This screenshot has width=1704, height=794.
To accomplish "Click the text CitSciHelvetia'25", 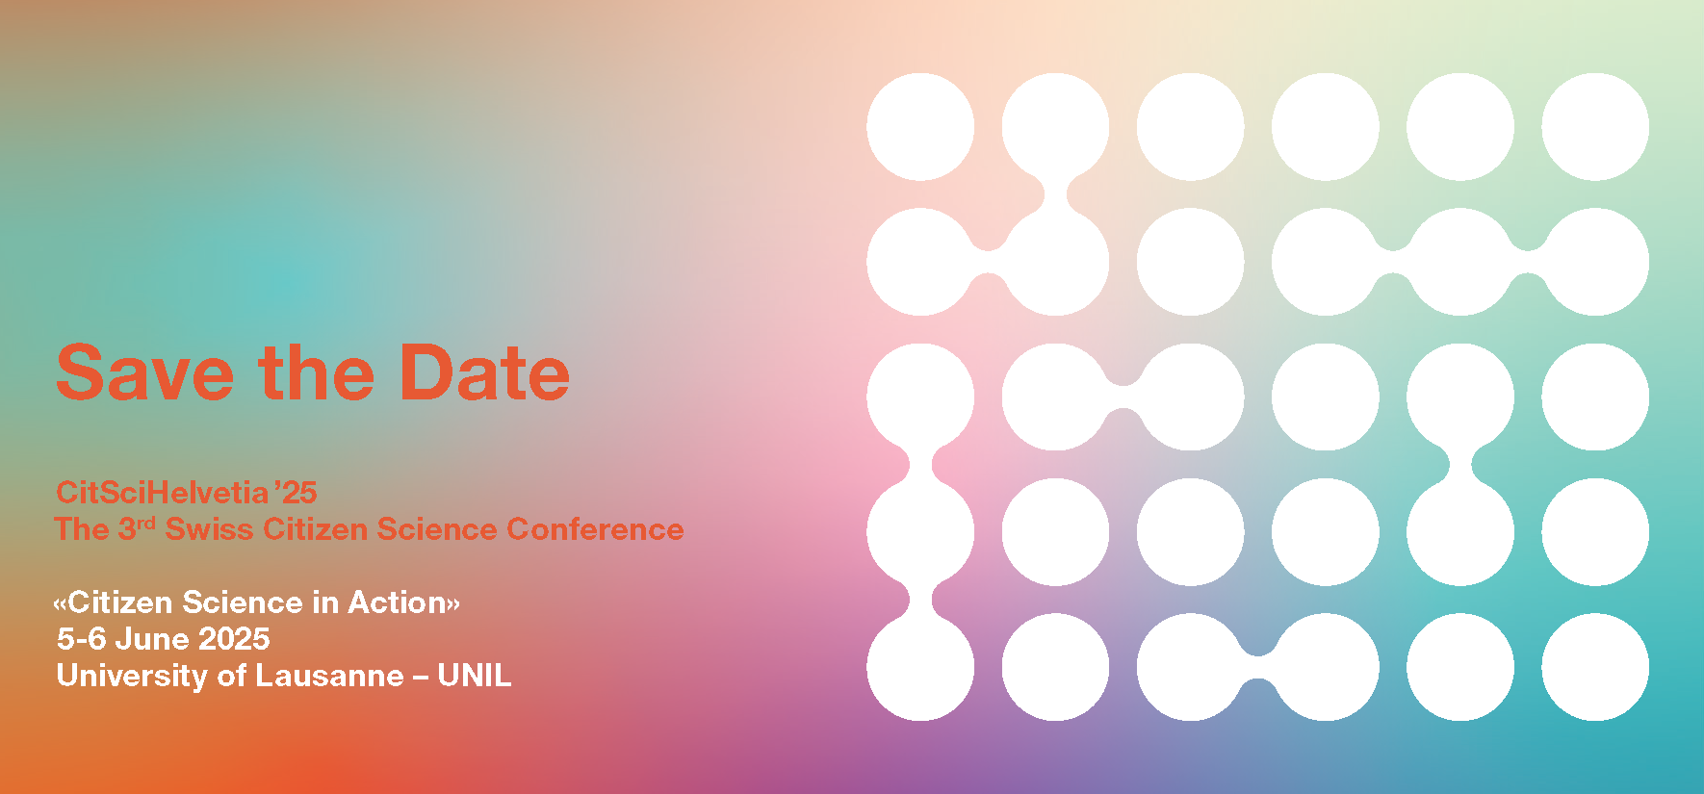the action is [x=187, y=492].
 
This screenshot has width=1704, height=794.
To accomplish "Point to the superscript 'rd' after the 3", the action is [x=145, y=524].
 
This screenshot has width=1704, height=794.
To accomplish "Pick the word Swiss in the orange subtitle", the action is [x=209, y=529].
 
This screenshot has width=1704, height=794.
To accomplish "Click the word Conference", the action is [x=595, y=529].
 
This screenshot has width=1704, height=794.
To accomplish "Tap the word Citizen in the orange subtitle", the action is [x=315, y=529].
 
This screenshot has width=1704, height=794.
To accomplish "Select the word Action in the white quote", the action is [x=397, y=602].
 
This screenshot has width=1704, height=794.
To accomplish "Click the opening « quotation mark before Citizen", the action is [x=60, y=604].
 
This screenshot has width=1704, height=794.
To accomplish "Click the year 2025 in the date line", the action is [x=234, y=639].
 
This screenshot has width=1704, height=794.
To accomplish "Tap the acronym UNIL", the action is [x=475, y=676].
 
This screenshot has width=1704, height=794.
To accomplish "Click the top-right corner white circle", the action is [x=1595, y=127].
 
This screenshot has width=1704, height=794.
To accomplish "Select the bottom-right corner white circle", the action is [x=1595, y=667].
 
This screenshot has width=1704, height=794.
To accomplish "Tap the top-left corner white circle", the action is [x=920, y=127].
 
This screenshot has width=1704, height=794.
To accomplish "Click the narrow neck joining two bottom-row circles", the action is [x=1257, y=667].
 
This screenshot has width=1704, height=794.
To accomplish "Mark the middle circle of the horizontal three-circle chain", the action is [x=1460, y=262].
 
